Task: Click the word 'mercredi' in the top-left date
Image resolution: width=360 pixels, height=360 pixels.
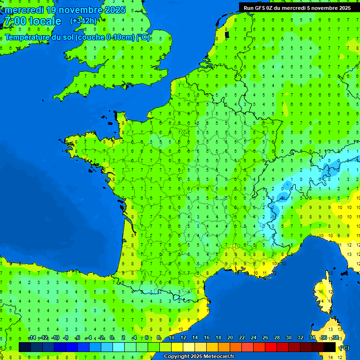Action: [x=24, y=10]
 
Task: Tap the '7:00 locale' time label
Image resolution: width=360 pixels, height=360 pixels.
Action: [x=32, y=21]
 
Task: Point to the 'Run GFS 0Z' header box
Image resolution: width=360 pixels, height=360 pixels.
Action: [x=297, y=7]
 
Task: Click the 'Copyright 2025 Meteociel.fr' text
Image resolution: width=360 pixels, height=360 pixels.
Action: [x=199, y=357]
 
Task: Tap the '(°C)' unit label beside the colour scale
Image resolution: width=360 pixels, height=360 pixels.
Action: [x=344, y=347]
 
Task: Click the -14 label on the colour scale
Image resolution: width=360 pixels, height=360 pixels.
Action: [x=32, y=338]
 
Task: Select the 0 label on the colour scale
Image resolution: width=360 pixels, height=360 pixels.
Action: [x=112, y=338]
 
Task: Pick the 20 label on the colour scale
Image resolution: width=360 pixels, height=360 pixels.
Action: [x=230, y=338]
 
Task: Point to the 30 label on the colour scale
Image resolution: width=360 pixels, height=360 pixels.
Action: [x=288, y=338]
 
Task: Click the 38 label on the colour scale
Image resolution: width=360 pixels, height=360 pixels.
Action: [x=335, y=338]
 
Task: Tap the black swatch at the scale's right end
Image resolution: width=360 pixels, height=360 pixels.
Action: [x=330, y=347]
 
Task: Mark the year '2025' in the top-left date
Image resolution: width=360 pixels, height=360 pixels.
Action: [x=115, y=10]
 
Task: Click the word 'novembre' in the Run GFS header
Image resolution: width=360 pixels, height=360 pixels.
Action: [x=322, y=7]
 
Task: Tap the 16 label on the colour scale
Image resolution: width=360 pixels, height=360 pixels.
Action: [x=206, y=338]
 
